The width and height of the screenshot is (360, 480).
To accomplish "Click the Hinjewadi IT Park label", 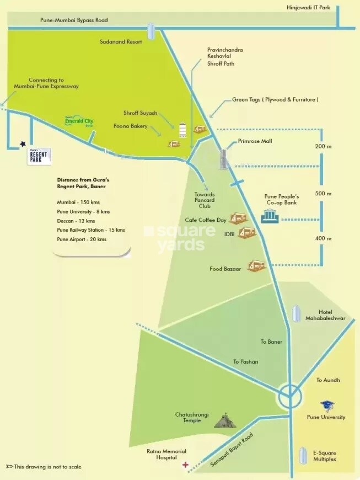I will [x=311, y=8].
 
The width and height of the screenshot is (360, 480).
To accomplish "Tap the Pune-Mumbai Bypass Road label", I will [x=74, y=20].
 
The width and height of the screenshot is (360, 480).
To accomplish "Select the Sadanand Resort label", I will [x=120, y=41].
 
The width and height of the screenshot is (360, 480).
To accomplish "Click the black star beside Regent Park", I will [x=23, y=144].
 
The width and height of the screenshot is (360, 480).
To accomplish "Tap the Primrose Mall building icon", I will [x=224, y=159].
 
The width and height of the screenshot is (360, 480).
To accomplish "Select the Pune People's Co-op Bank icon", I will [x=270, y=216].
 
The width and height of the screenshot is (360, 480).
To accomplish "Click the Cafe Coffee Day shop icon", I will [x=238, y=218].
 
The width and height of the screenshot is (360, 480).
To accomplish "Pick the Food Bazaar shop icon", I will [x=256, y=266].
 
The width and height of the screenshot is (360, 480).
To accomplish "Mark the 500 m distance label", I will [x=323, y=194].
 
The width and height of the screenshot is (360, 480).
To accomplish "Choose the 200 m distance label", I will [x=323, y=147].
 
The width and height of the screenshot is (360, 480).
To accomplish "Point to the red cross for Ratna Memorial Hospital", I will [x=185, y=465].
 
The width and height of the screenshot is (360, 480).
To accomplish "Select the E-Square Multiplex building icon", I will [x=302, y=456].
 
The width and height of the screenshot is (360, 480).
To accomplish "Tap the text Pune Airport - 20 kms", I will [x=82, y=239].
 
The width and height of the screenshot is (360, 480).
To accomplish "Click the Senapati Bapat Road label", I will [x=232, y=450].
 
